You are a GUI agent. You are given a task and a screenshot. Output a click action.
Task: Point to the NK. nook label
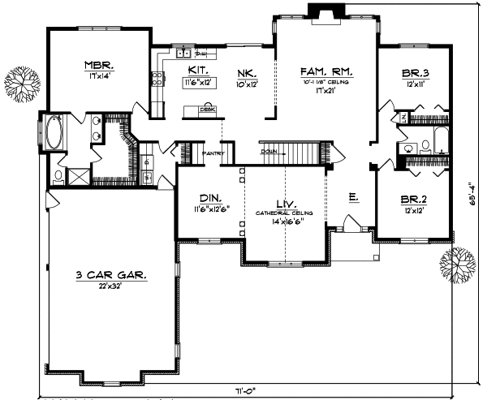click(247, 73)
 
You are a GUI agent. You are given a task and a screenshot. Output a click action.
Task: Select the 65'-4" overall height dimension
click(475, 195)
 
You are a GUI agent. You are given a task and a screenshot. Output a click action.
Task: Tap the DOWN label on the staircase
click(269, 152)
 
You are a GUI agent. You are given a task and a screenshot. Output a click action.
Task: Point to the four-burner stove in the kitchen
click(156, 80)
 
